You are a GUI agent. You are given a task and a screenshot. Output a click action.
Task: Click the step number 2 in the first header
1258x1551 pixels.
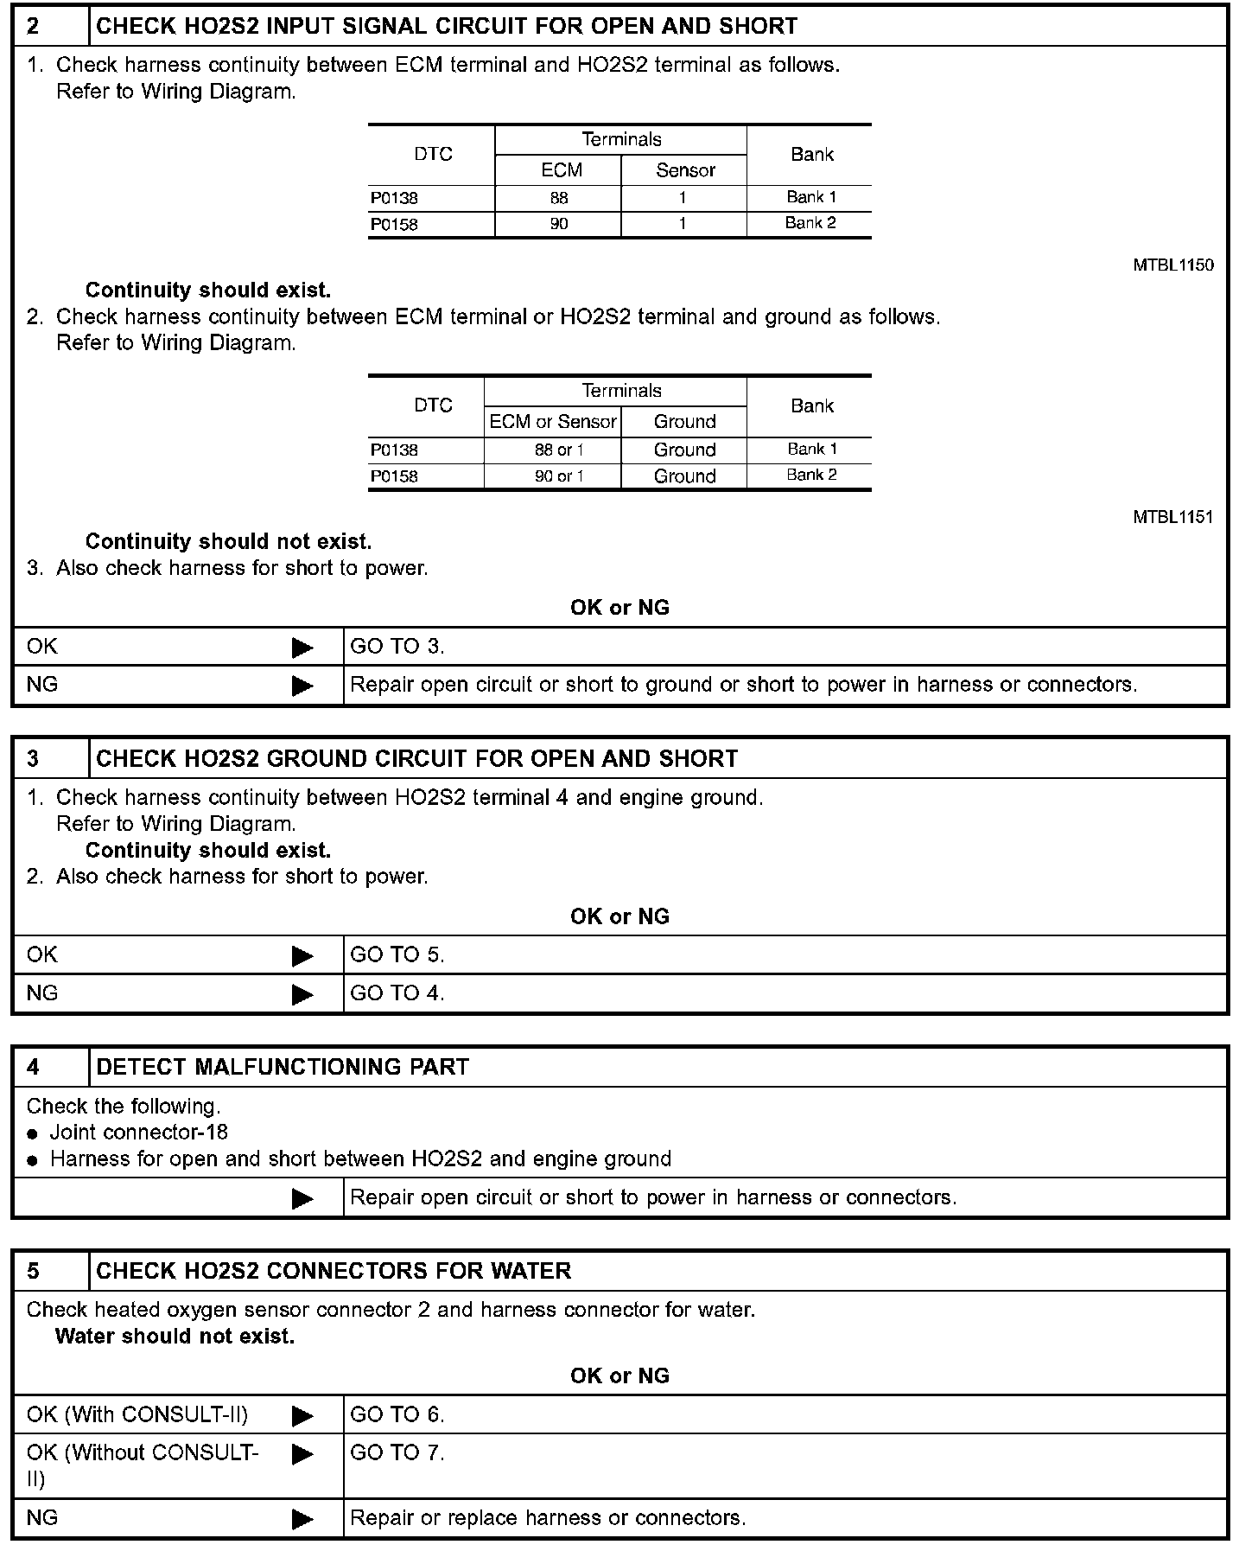[33, 26]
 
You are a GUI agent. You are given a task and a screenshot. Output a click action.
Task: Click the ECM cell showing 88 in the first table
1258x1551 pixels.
[559, 198]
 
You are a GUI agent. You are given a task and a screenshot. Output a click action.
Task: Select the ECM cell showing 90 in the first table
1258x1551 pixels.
[559, 224]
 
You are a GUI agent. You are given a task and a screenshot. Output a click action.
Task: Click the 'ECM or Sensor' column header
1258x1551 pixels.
[553, 422]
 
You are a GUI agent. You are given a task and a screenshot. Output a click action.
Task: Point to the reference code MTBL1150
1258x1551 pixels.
[1172, 265]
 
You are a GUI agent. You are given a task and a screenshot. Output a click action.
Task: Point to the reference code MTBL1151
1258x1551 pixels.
[1172, 517]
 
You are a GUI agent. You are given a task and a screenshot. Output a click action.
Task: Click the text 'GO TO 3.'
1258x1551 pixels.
[397, 647]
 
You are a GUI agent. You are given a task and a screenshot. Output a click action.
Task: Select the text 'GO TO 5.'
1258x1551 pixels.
[397, 955]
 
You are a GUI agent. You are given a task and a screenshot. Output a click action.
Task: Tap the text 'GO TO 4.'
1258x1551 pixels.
[397, 993]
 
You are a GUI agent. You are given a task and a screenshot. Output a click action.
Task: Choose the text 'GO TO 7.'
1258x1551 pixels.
[397, 1452]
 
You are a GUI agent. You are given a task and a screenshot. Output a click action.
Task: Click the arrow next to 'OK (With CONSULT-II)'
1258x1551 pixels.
[302, 1415]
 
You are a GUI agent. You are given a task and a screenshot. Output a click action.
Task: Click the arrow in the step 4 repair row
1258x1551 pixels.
[302, 1198]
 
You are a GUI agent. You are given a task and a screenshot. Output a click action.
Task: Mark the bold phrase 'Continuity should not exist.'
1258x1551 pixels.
[228, 542]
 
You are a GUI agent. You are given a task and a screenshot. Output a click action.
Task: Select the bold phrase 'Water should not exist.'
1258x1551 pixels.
[175, 1337]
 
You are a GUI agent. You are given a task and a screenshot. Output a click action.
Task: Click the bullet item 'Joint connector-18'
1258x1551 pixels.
[138, 1133]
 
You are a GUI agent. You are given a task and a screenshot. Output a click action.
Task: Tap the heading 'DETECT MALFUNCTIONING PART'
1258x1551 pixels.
[283, 1067]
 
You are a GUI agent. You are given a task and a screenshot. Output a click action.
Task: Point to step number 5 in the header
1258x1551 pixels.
[33, 1271]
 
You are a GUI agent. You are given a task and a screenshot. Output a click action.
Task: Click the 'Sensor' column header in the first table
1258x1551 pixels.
[685, 170]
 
